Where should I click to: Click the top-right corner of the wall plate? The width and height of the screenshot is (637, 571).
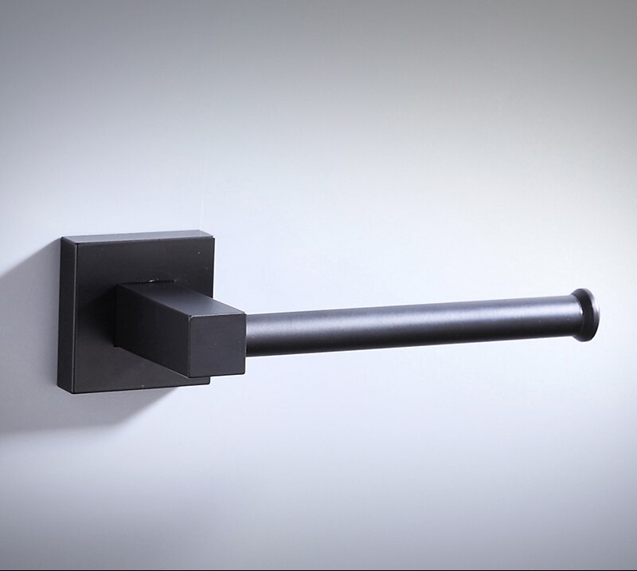[x=213, y=233]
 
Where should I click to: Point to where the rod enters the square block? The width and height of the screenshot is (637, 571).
[x=246, y=335]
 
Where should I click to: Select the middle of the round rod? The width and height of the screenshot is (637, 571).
[x=406, y=325]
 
